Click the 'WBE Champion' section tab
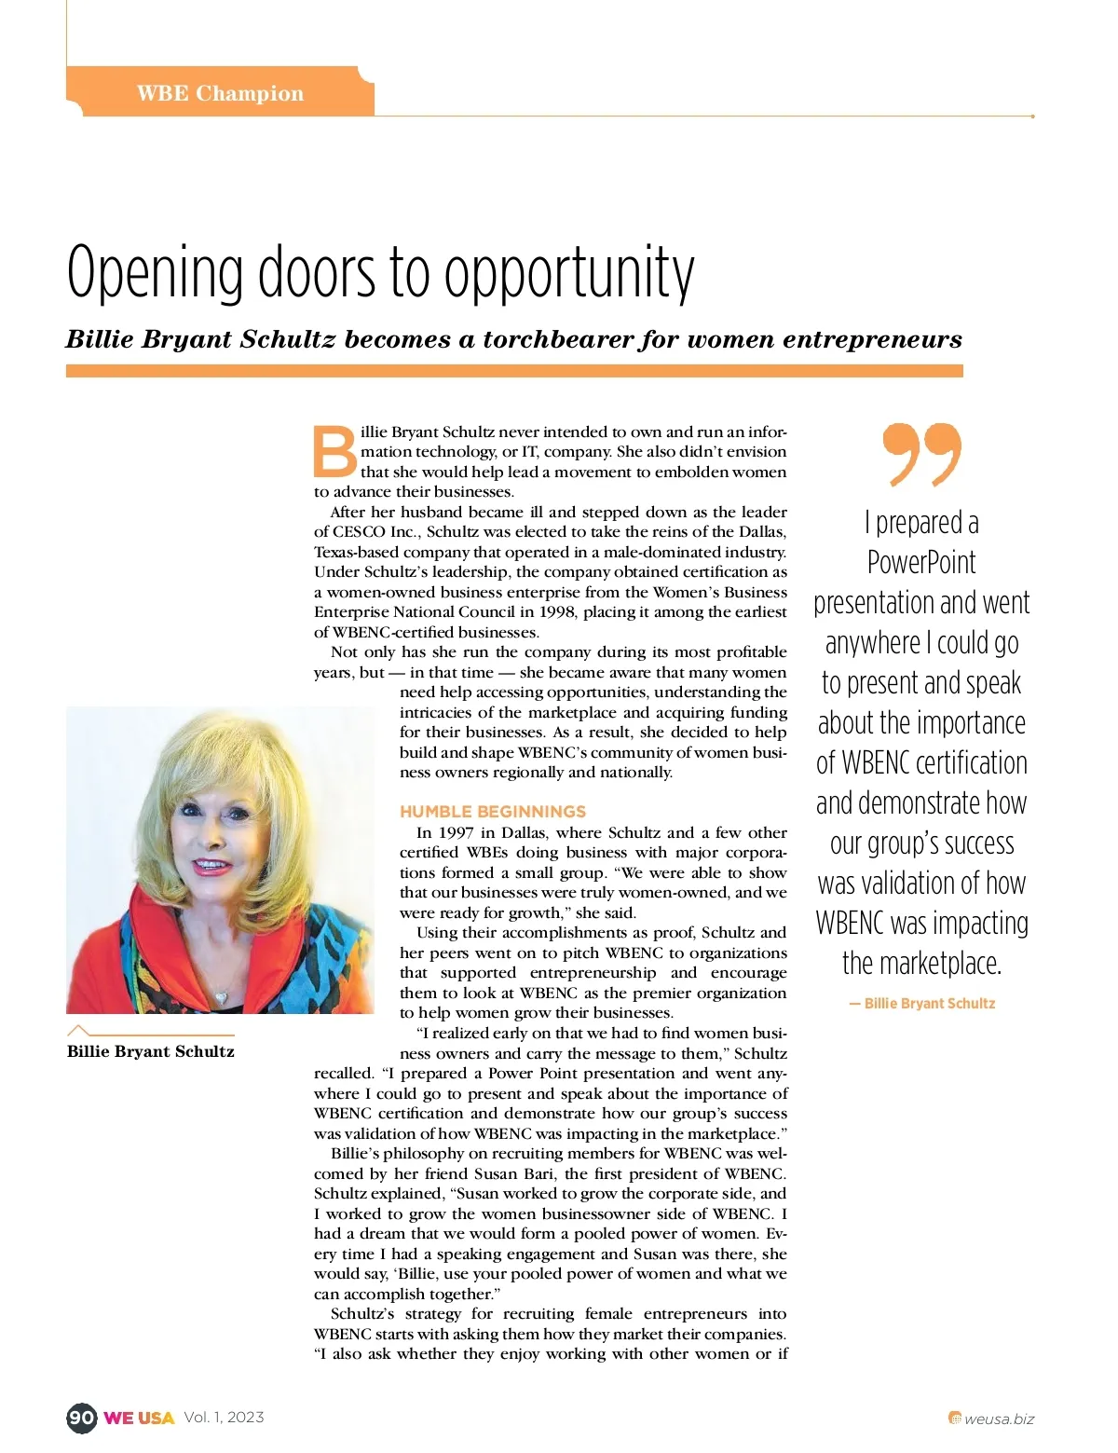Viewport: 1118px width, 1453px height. click(x=220, y=93)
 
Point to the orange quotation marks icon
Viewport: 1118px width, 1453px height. click(x=921, y=454)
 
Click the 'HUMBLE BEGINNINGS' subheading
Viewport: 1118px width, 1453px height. click(x=493, y=812)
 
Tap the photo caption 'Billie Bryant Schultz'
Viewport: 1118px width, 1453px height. click(x=151, y=1051)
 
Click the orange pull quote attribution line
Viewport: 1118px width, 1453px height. click(x=922, y=1004)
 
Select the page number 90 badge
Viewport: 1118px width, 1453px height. click(x=81, y=1418)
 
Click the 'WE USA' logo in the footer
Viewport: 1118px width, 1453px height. click(x=139, y=1418)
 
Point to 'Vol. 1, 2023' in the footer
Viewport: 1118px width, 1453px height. click(x=224, y=1418)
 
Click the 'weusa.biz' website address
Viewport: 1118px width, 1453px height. click(x=999, y=1419)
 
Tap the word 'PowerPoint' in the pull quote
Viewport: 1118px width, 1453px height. click(x=921, y=563)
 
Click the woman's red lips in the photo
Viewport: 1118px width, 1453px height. click(x=212, y=867)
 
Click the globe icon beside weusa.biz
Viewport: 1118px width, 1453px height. click(x=954, y=1419)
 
